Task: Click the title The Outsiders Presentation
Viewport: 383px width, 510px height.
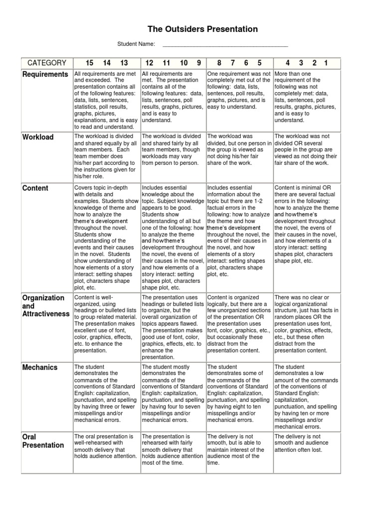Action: [203, 29]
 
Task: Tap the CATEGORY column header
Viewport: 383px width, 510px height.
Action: [47, 63]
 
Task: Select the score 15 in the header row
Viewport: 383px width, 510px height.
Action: [89, 63]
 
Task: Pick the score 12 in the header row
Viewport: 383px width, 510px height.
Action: [149, 63]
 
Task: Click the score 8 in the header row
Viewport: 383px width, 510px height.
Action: [219, 63]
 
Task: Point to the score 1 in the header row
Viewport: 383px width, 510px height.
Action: [326, 63]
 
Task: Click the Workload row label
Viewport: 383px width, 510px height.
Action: [38, 137]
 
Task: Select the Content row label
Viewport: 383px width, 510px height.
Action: [35, 188]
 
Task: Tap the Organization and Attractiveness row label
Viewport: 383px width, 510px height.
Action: [45, 306]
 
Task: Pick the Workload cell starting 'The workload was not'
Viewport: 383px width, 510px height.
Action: [306, 149]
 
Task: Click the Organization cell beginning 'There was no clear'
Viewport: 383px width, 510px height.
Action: [306, 323]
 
